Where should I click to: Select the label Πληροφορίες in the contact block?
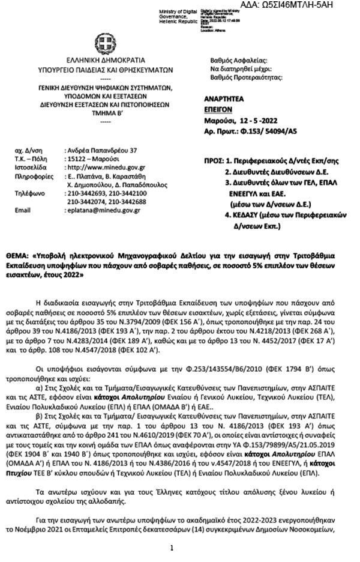(x=31, y=178)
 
